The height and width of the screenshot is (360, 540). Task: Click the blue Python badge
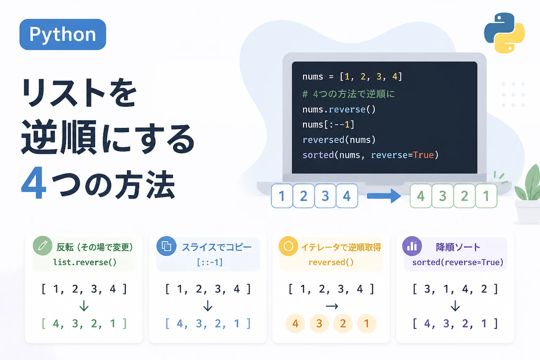click(63, 34)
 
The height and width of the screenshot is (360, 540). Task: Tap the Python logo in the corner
click(504, 33)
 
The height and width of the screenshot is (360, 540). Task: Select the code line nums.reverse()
click(339, 109)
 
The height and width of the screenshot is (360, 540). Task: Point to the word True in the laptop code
click(423, 155)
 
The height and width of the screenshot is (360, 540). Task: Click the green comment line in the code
click(349, 94)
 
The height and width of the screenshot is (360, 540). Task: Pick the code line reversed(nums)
click(339, 140)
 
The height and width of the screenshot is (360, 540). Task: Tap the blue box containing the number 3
click(325, 196)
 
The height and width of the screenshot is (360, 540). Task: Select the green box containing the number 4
click(421, 196)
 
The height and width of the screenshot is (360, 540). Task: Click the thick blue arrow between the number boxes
click(384, 196)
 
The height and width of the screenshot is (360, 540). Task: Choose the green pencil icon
click(43, 246)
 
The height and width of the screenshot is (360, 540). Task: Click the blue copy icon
click(166, 246)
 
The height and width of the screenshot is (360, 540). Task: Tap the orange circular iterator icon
click(288, 246)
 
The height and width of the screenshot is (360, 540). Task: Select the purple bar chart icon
click(412, 246)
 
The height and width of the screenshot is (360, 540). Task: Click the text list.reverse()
click(85, 262)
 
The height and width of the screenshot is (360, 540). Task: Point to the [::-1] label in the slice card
click(210, 262)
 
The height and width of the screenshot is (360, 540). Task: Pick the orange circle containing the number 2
click(343, 323)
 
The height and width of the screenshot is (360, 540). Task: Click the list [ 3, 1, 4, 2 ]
click(455, 289)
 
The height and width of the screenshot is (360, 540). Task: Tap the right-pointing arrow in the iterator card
click(332, 306)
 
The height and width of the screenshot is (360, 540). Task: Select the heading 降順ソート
click(458, 247)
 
